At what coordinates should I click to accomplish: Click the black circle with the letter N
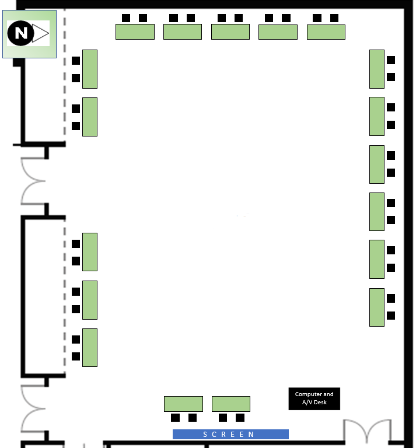[x=20, y=33]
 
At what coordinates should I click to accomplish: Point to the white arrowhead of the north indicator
[x=40, y=33]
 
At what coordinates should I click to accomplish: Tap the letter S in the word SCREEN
[x=205, y=435]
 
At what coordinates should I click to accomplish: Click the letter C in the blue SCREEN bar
[x=214, y=435]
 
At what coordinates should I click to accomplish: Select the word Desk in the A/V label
[x=320, y=402]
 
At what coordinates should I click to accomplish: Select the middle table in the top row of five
[x=230, y=32]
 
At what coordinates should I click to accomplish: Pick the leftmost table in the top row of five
[x=135, y=32]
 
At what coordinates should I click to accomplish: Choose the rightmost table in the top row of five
[x=326, y=32]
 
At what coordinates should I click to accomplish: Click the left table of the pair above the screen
[x=183, y=404]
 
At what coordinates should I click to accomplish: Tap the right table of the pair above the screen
[x=231, y=404]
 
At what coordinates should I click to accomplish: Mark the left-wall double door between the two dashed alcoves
[x=34, y=181]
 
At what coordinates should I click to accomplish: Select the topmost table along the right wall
[x=377, y=69]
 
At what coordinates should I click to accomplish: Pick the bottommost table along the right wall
[x=377, y=307]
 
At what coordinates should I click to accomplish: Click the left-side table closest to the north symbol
[x=90, y=69]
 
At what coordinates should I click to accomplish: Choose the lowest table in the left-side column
[x=90, y=348]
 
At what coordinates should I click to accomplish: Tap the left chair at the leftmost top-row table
[x=126, y=18]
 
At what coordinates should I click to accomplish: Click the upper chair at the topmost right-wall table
[x=391, y=60]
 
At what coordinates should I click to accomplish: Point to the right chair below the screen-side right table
[x=240, y=418]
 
